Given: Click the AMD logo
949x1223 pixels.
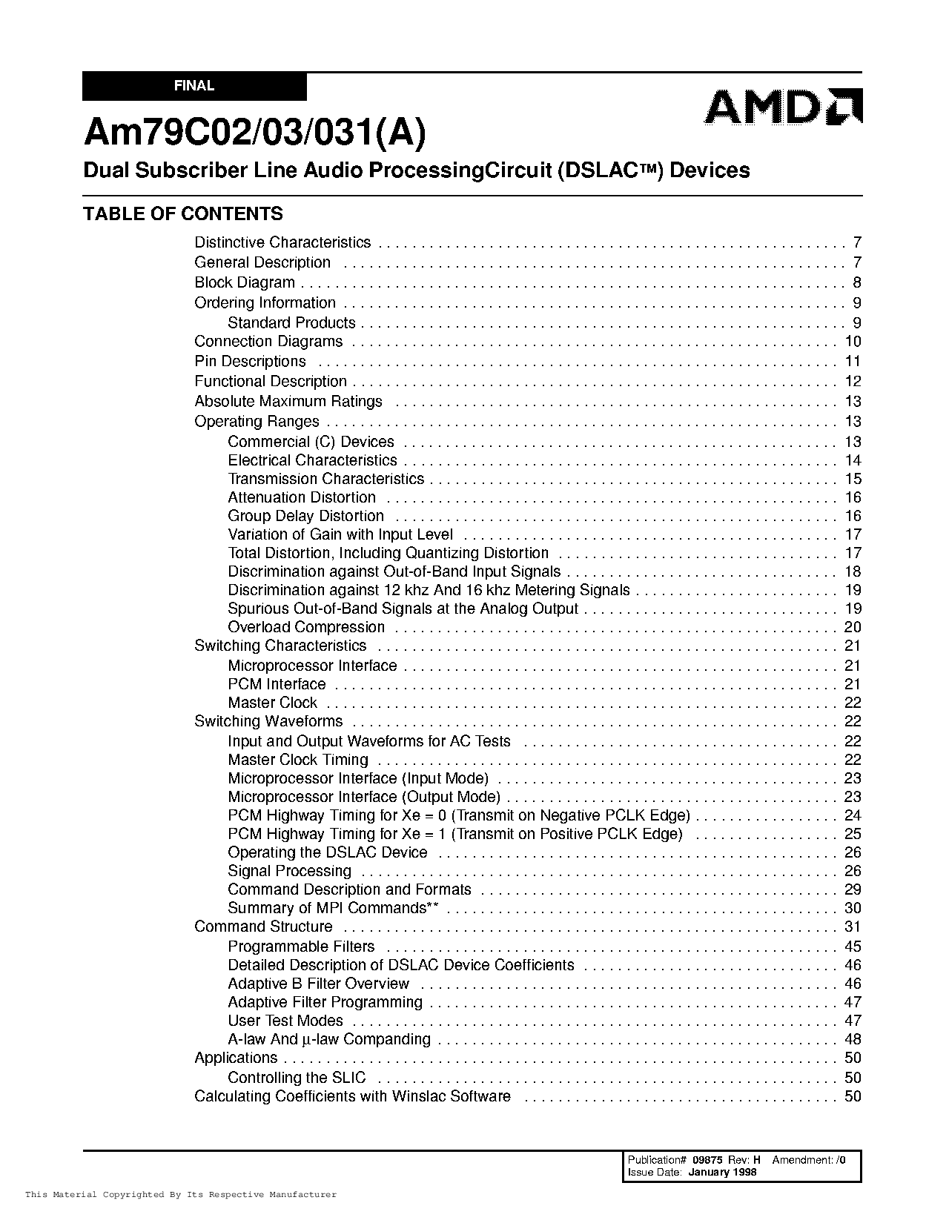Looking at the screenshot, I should coord(782,107).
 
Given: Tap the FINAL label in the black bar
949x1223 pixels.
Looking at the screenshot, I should coord(194,86).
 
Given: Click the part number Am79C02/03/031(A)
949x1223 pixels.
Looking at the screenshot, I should coord(255,133).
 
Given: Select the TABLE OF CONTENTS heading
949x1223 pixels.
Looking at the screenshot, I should coord(183,214).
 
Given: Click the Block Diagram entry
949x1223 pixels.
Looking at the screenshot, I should coord(245,282).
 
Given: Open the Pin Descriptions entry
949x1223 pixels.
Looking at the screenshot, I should coord(250,362).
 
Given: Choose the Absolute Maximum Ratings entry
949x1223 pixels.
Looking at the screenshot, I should coord(288,402).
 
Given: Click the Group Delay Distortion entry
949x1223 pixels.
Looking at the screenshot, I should coord(305,516).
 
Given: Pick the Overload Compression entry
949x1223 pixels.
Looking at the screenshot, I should coord(306,627).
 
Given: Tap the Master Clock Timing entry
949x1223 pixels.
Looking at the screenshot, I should coord(298,760).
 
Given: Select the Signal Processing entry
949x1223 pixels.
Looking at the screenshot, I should coord(289,871).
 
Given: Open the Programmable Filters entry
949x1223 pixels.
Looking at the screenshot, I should coord(301,947).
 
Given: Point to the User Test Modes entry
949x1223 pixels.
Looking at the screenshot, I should coord(285,1021).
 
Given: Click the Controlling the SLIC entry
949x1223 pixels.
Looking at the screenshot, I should coord(297,1078).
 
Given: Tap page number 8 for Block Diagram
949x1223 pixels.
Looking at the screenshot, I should coord(857,282).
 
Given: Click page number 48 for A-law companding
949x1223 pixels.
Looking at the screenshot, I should coord(853,1039).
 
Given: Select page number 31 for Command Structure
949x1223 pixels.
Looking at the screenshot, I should coord(853,927).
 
